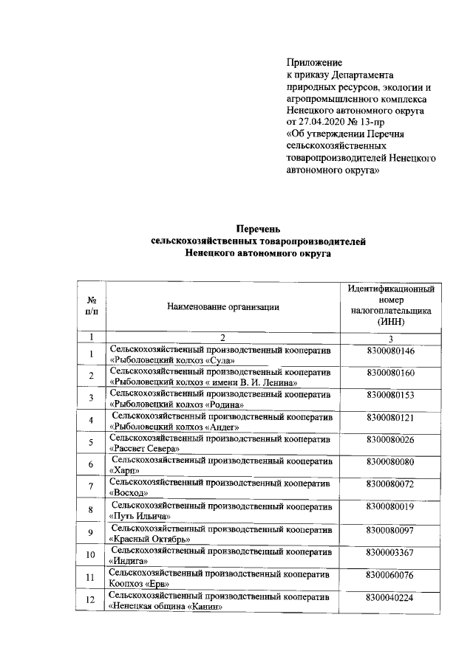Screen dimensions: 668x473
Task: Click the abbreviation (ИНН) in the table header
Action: [x=390, y=323]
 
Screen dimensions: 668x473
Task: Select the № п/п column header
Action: [x=91, y=306]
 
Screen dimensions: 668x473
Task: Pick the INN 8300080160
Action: [x=390, y=373]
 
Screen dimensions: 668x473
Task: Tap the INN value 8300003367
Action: [x=390, y=551]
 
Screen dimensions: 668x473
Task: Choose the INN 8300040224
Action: [x=390, y=597]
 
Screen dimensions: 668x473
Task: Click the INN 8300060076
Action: [x=390, y=574]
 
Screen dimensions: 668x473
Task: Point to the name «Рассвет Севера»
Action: [x=145, y=449]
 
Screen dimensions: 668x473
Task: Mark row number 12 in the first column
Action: [x=91, y=601]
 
